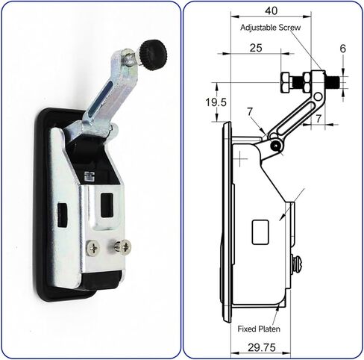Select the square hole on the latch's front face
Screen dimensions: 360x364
(107, 202)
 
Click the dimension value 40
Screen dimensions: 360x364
(271, 10)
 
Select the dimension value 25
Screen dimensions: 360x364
(255, 47)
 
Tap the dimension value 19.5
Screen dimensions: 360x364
(198, 102)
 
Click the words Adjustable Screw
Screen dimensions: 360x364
(272, 28)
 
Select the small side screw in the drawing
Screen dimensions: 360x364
(297, 263)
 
